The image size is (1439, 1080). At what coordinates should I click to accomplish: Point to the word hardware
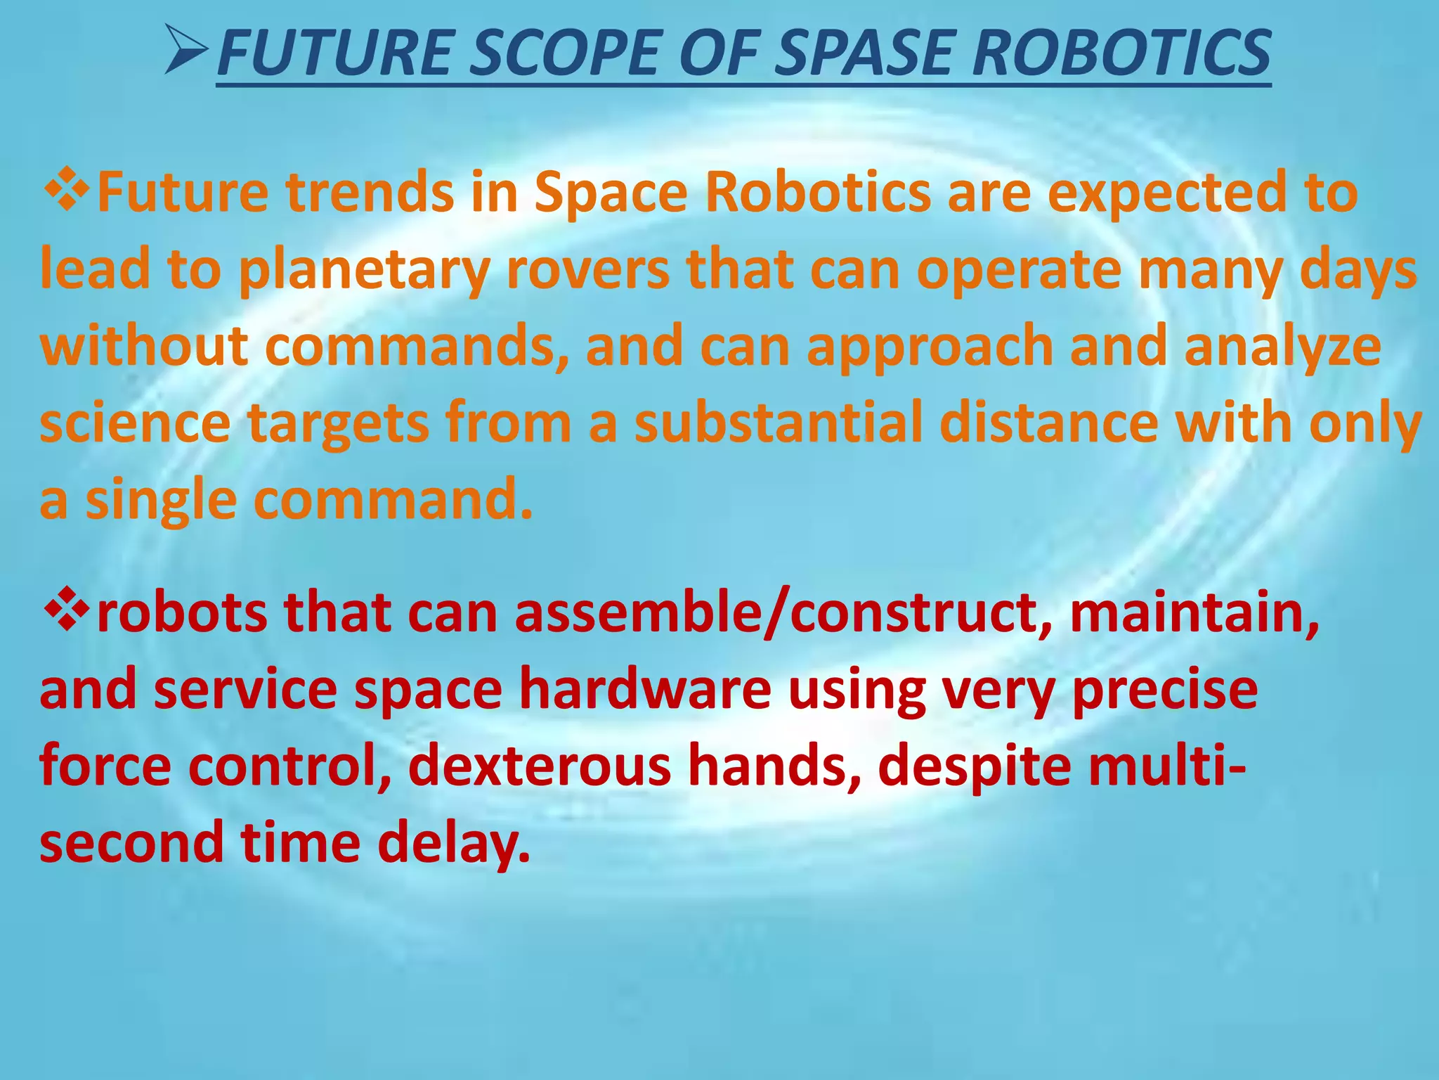pos(645,689)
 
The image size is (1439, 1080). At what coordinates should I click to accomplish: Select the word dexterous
pos(540,766)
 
